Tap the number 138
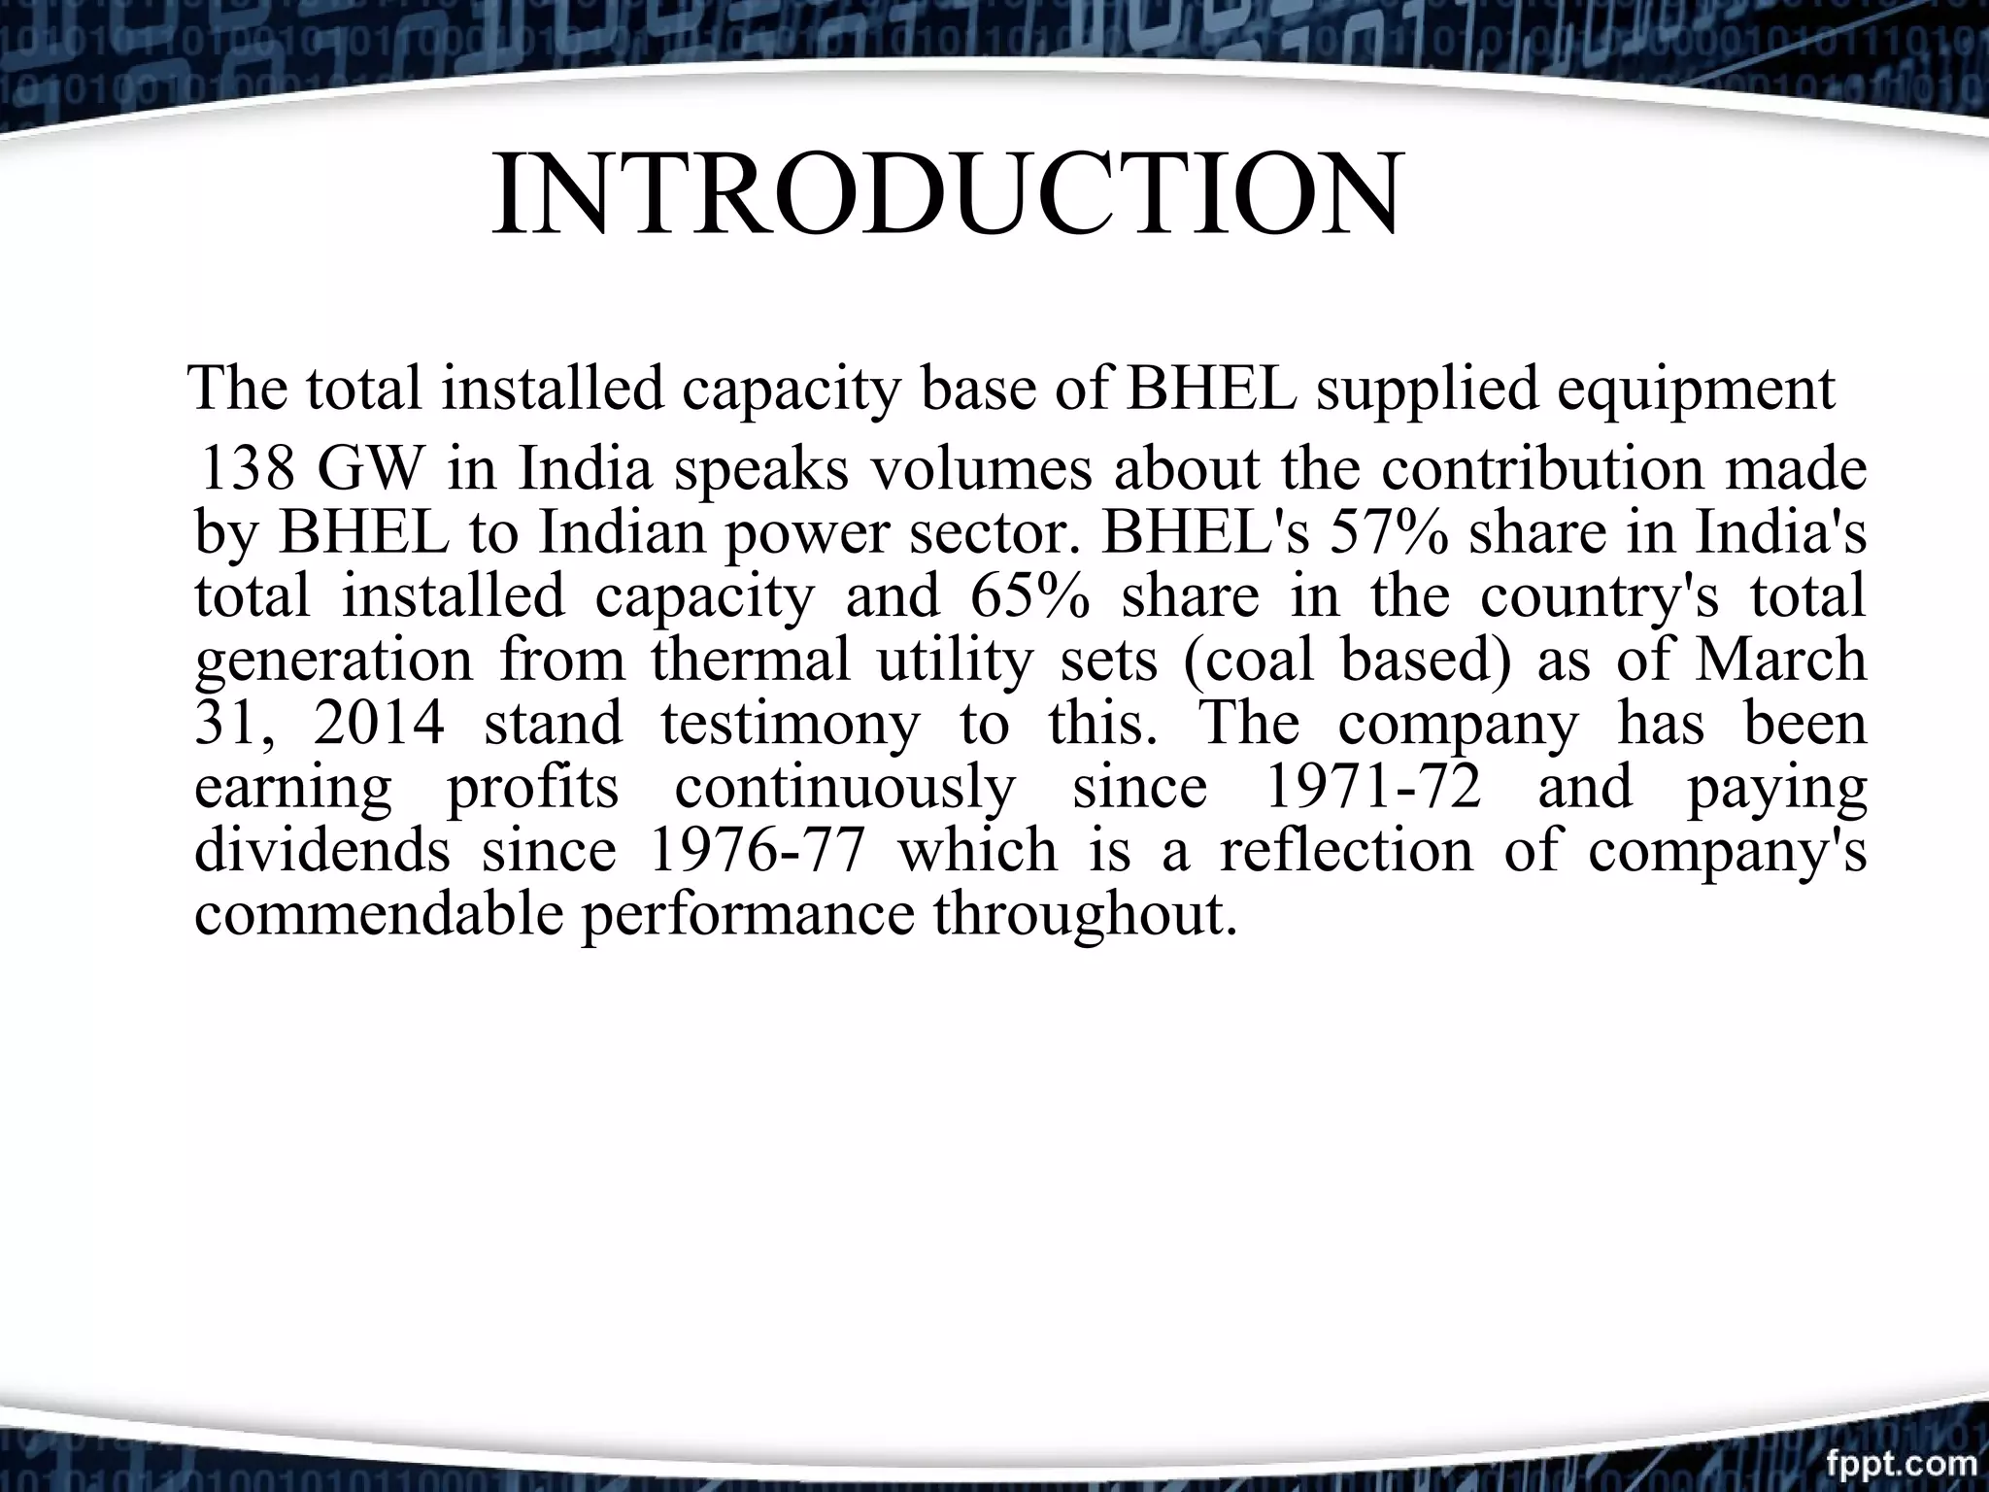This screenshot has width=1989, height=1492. tap(247, 469)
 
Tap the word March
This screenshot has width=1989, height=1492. tap(1779, 660)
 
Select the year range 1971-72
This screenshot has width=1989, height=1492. tap(1373, 787)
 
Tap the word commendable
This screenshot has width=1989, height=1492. tap(379, 914)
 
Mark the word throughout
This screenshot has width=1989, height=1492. tap(1086, 914)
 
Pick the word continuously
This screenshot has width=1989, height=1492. tap(845, 787)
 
